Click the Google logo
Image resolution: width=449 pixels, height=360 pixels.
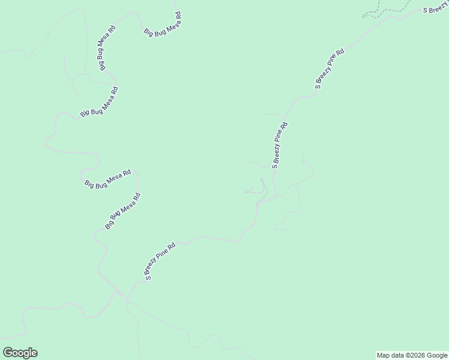click(20, 353)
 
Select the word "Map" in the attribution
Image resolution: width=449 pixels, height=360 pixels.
click(383, 355)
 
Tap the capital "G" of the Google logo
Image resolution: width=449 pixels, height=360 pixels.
click(8, 353)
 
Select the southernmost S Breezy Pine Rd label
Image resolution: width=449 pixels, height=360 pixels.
click(160, 262)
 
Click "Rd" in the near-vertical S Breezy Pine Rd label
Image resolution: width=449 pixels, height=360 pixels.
click(285, 127)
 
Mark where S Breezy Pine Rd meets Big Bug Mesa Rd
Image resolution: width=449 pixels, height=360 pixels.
click(127, 296)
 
